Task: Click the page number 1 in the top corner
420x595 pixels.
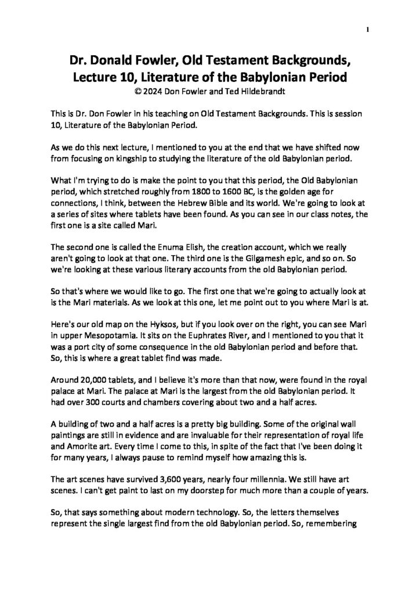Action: (x=368, y=30)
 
